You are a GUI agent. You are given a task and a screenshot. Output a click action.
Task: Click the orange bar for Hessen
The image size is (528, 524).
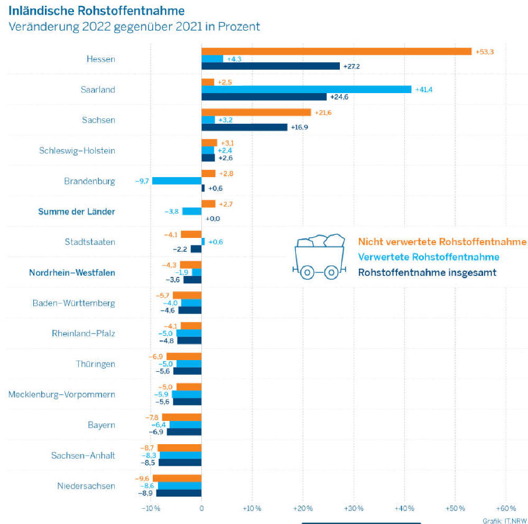point(336,51)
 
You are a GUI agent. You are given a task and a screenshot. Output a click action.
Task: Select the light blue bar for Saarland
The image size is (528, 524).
point(306,89)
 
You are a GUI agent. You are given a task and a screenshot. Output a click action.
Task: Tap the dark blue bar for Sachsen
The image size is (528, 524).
point(244,127)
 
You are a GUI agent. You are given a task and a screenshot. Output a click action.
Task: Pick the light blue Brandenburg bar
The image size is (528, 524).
point(177,181)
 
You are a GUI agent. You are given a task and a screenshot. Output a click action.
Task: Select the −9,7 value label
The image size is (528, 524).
point(142,181)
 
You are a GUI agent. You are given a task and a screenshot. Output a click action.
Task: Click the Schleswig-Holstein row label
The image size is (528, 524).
point(77,151)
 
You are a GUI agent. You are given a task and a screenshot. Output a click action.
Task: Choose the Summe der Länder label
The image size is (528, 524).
point(77,212)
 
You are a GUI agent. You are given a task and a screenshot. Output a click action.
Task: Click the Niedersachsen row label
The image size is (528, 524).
point(86,485)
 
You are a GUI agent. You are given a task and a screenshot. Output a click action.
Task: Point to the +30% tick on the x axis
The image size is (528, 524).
point(354,509)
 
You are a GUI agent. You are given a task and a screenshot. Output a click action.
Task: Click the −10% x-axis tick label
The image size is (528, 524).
point(151,509)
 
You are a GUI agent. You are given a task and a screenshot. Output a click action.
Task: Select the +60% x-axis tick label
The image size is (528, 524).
point(505,509)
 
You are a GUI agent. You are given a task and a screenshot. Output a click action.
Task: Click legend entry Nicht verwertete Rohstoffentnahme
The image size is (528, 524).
point(442,242)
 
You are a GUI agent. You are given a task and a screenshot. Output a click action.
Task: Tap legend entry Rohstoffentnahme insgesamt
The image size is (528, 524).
point(428,273)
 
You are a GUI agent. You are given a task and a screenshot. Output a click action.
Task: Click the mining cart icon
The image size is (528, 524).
point(320,257)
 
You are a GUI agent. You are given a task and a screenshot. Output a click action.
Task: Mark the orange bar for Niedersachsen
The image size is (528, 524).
point(177,478)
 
